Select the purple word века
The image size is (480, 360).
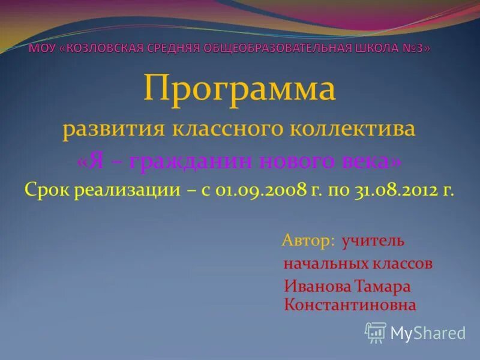(x=370, y=161)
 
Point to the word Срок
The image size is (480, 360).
(x=47, y=191)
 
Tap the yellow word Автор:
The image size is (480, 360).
(x=308, y=241)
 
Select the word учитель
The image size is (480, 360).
(x=373, y=241)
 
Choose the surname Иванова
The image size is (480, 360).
(x=316, y=286)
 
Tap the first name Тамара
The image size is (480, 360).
(x=382, y=286)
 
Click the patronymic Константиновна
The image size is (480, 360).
(x=350, y=305)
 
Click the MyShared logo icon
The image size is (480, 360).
(x=375, y=332)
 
